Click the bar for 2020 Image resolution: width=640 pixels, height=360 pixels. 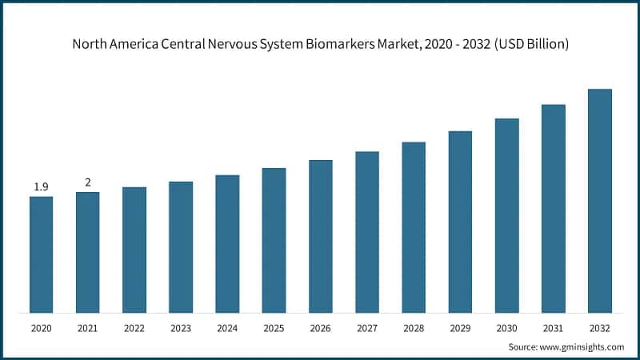click(42, 254)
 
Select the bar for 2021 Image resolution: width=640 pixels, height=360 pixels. click(88, 252)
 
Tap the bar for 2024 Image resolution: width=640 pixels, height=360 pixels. click(227, 244)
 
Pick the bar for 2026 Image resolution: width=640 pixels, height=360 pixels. click(320, 236)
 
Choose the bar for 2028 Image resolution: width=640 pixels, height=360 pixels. click(414, 227)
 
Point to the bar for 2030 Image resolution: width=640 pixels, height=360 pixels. click(506, 215)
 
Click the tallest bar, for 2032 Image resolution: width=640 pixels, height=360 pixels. click(599, 201)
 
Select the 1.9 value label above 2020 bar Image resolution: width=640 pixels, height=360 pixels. click(42, 187)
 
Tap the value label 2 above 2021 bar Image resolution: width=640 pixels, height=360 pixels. click(88, 182)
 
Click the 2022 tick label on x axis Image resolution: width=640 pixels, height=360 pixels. click(134, 328)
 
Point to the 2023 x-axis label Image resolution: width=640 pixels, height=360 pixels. click(181, 328)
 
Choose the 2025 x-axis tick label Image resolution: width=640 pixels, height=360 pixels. click(274, 328)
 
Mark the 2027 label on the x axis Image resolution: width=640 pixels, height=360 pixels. click(367, 328)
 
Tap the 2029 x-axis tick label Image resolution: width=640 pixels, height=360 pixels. click(460, 328)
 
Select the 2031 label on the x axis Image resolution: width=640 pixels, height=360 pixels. click(553, 328)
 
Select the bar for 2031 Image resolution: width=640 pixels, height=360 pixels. click(553, 208)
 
